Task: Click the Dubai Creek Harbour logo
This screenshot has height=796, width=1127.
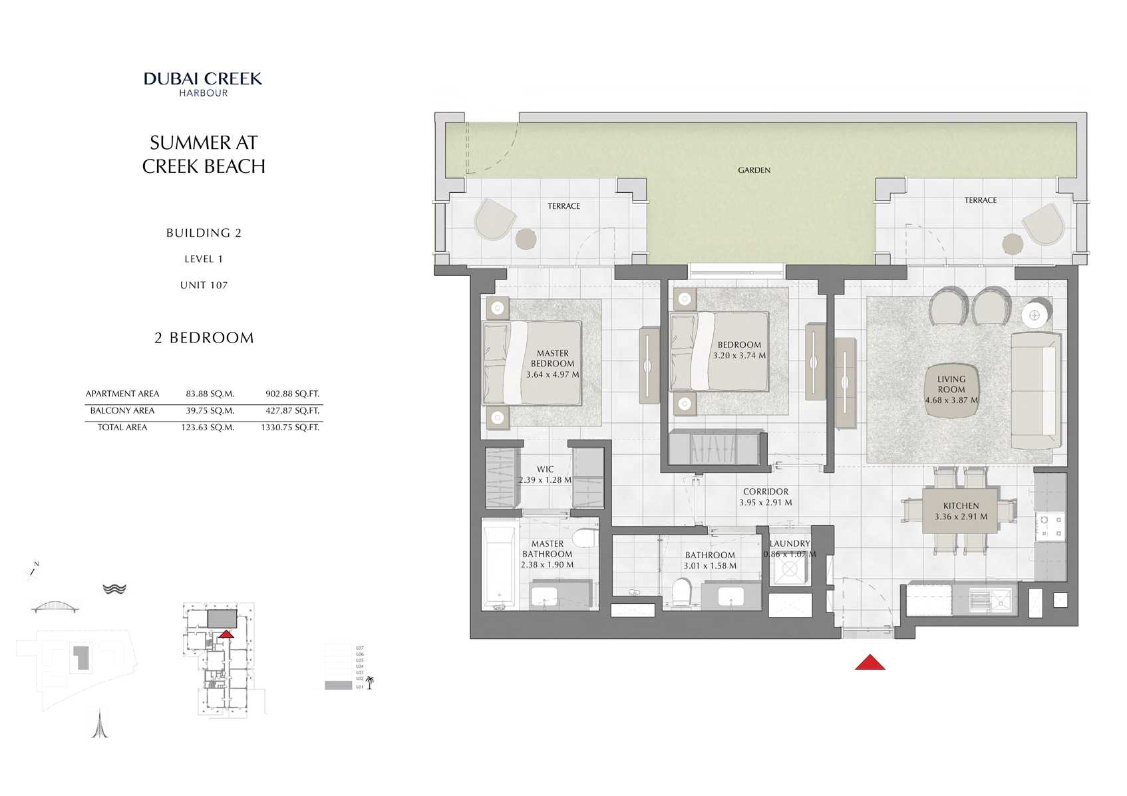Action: (203, 84)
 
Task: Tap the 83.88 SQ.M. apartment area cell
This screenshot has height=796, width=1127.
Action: (210, 394)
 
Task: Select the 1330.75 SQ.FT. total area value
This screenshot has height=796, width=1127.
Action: (290, 428)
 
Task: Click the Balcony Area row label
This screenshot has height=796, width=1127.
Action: (122, 411)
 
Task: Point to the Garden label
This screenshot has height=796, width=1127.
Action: (754, 170)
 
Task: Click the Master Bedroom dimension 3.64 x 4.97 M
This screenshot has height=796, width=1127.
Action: (552, 374)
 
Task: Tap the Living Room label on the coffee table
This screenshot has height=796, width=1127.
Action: (951, 384)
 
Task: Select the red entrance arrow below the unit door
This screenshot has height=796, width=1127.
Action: (870, 662)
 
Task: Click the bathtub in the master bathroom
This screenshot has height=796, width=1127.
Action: (500, 569)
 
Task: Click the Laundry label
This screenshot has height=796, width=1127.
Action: (790, 543)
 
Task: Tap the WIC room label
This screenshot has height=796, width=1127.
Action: (545, 469)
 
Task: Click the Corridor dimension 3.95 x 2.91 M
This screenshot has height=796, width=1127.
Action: (765, 503)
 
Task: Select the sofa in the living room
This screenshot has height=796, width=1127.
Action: (1035, 391)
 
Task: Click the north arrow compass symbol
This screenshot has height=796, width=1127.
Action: (33, 571)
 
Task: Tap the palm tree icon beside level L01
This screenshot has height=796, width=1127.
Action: (370, 682)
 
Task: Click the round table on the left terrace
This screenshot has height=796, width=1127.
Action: (526, 239)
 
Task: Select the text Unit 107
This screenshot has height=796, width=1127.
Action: (204, 285)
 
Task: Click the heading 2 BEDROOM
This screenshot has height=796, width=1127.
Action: (204, 338)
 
